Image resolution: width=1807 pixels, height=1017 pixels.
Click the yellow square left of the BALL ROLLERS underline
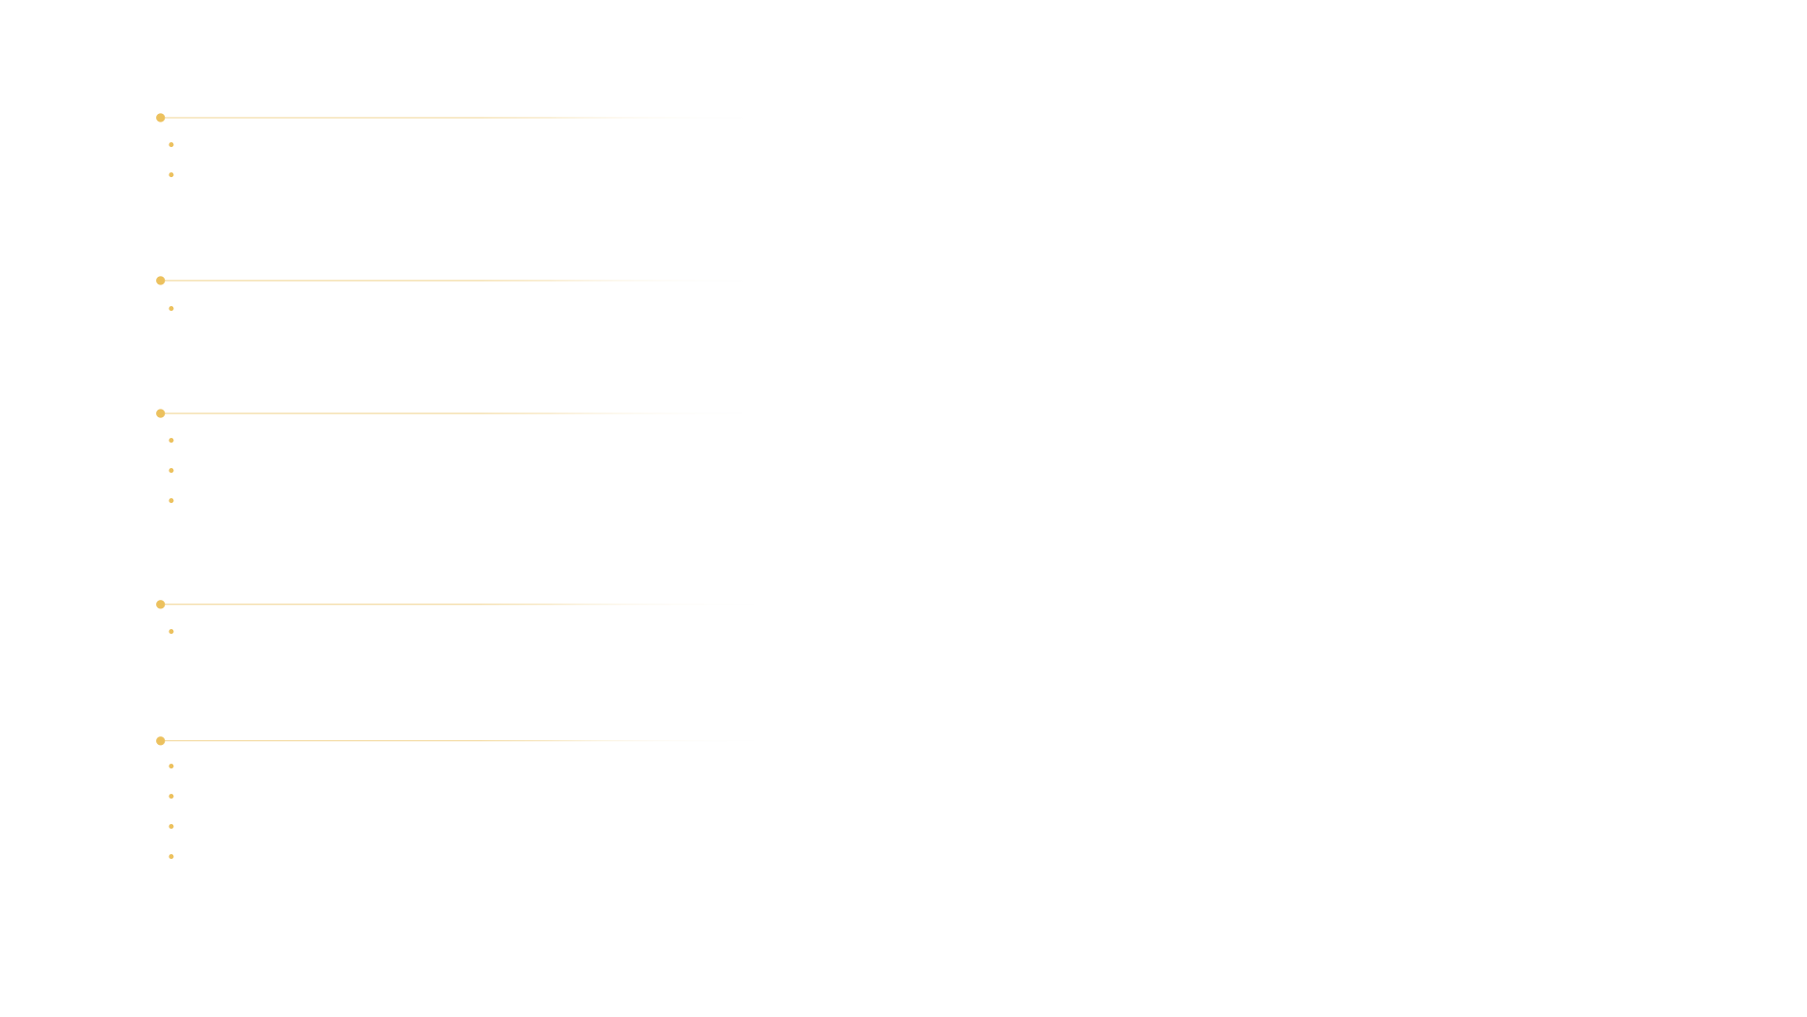162,118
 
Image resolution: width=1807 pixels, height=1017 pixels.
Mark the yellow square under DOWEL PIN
162,281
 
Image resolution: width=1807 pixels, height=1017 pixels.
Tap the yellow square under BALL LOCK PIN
162,605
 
